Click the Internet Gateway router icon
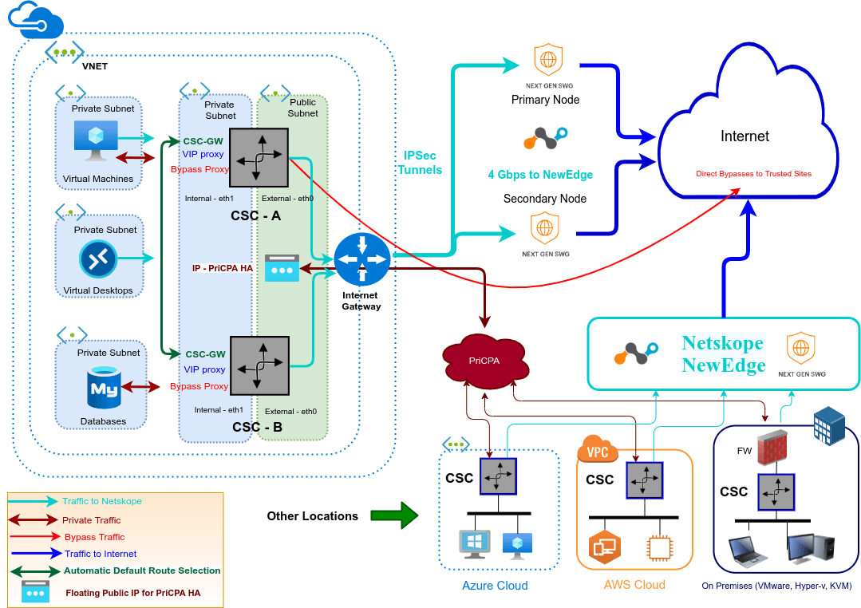(361, 260)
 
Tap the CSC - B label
(257, 427)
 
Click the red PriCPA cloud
(484, 361)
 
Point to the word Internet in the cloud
(744, 136)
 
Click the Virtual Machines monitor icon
(96, 137)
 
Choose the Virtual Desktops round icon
(99, 259)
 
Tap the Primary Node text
(545, 100)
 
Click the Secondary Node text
(545, 199)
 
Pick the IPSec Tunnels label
(419, 162)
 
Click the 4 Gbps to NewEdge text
(540, 175)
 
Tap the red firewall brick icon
(773, 449)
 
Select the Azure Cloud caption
(495, 586)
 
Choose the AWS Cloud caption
(634, 585)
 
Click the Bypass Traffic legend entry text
(95, 537)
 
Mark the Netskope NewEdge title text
(723, 354)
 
